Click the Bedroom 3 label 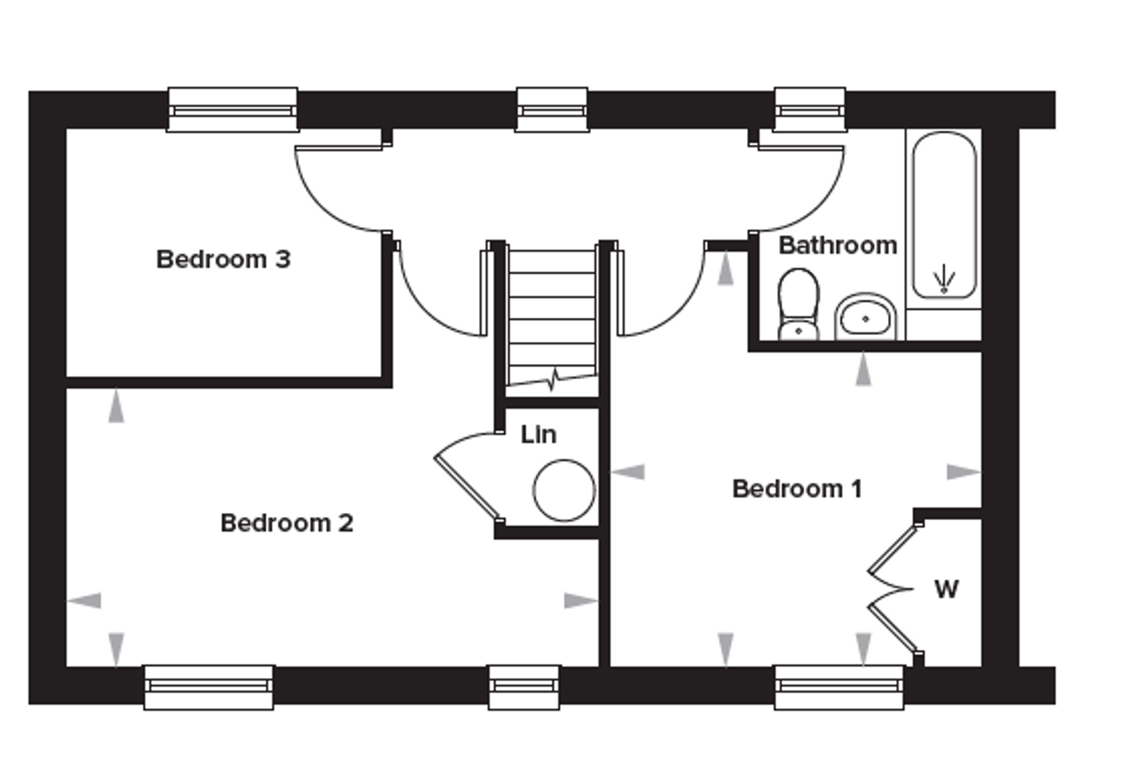[224, 260]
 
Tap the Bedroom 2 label [287, 523]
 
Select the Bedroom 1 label [797, 489]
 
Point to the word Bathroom [838, 245]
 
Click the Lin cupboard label [538, 435]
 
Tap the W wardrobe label [946, 589]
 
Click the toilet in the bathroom [798, 305]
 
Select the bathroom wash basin [866, 317]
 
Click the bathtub [944, 215]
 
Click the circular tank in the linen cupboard [564, 490]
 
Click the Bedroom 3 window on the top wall [232, 110]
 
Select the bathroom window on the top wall [810, 110]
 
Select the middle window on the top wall [552, 110]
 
